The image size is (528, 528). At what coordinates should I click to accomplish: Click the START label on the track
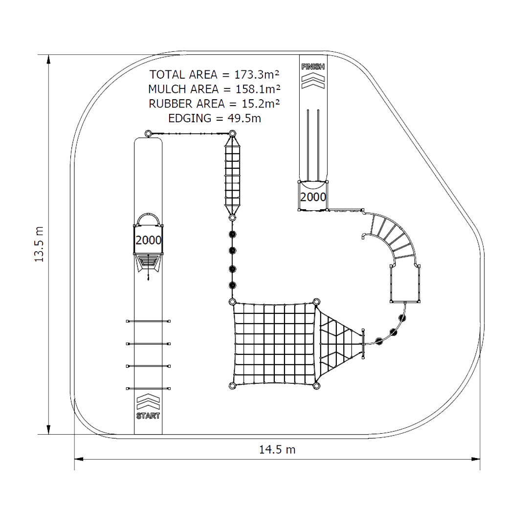(148, 416)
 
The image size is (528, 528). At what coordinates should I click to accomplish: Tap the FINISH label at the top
(313, 66)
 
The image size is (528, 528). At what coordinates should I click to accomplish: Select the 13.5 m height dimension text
(40, 244)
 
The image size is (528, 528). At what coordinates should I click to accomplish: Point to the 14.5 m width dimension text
(277, 450)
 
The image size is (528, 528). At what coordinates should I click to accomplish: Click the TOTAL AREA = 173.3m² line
(215, 74)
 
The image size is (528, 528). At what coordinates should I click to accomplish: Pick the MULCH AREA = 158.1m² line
(215, 89)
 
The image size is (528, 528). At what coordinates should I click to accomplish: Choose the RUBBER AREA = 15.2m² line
(215, 104)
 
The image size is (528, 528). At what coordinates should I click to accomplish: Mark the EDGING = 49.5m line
(215, 118)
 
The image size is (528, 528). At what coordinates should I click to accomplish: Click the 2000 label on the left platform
(149, 240)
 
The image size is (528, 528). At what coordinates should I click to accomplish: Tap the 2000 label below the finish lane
(313, 197)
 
